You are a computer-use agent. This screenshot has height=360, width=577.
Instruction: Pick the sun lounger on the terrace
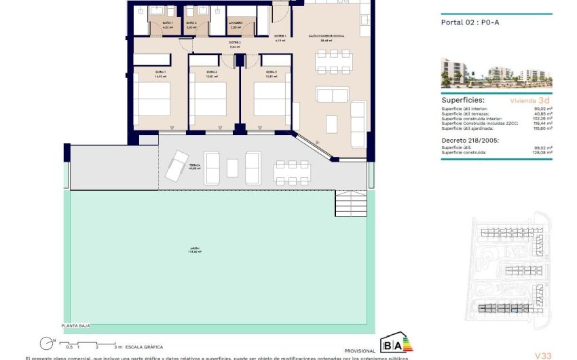tap(176, 165)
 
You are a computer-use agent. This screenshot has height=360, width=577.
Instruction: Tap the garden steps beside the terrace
tap(350, 202)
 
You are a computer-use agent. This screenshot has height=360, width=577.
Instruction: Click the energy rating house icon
tap(395, 343)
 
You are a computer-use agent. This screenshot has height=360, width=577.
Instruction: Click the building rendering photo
tap(496, 73)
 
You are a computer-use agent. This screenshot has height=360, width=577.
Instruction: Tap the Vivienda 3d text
tap(529, 100)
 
